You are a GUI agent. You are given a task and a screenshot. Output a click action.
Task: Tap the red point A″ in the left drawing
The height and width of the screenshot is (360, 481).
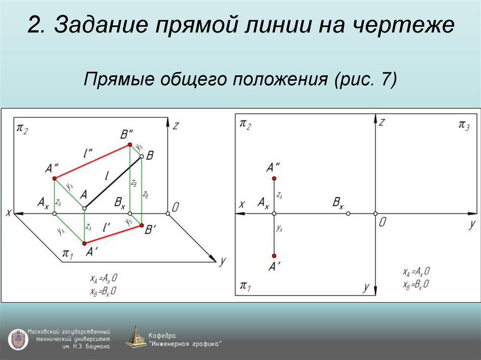54,178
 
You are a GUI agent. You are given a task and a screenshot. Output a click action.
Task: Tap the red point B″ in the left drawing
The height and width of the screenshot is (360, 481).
131,146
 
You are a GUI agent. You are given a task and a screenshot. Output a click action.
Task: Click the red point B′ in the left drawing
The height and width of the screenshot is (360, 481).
141,226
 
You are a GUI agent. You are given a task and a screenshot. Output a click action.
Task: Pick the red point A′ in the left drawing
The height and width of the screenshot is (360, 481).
85,243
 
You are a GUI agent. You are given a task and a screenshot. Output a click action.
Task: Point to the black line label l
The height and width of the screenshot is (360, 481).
107,177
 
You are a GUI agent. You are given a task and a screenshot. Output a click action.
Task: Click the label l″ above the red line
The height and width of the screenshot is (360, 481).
88,152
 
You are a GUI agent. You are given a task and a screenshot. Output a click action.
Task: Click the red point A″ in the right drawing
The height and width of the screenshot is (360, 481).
274,178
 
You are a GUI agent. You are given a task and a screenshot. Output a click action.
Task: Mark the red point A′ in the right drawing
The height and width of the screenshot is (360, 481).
274,256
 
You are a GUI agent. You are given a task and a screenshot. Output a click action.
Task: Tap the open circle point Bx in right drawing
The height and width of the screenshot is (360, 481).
348,214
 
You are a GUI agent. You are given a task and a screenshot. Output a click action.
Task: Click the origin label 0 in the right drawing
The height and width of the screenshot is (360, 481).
382,223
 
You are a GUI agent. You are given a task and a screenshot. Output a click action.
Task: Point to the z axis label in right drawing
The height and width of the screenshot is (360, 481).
382,123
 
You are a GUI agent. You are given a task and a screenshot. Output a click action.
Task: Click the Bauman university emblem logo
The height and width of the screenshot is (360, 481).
17,339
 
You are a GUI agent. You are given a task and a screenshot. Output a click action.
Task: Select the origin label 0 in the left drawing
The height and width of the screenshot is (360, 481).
175,207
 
